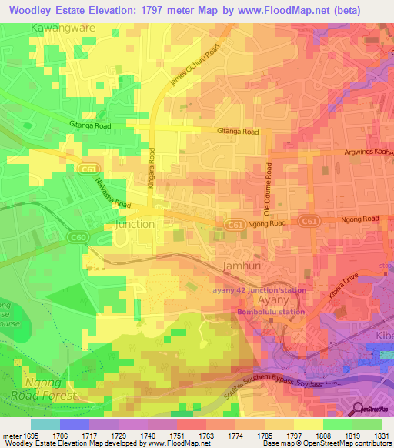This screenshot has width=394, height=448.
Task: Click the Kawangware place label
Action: (x=62, y=28)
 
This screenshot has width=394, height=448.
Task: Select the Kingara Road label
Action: (x=152, y=172)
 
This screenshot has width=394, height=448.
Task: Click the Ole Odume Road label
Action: (x=269, y=189)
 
